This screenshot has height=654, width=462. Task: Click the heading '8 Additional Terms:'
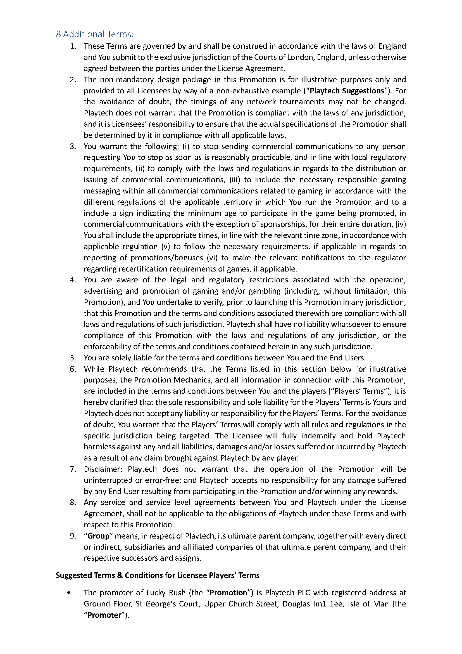pos(95,34)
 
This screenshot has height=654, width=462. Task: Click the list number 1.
pos(73,46)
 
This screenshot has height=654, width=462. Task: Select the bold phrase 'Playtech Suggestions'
pos(347,91)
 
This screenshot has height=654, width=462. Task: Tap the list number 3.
pos(73,147)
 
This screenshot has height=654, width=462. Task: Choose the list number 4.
pos(73,280)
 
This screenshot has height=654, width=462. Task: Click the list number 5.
pos(73,358)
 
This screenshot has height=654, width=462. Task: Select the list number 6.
pos(73,369)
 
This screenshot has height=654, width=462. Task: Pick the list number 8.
pos(73,502)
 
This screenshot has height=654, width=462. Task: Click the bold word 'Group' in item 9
pos(98,536)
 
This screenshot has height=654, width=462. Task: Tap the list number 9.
pos(73,536)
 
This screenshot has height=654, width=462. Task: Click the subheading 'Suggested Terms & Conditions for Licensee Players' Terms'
pos(157,575)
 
